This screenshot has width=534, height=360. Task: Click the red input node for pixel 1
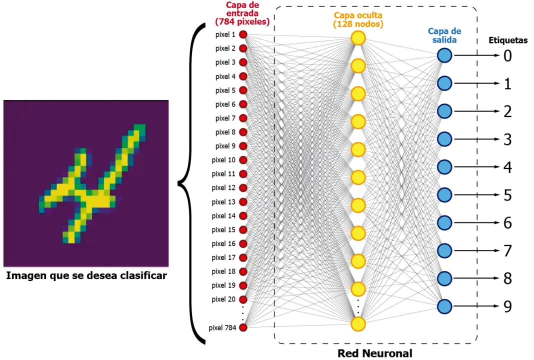[243, 34]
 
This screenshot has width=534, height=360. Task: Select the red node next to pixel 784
[243, 327]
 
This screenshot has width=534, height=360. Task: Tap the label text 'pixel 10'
[223, 160]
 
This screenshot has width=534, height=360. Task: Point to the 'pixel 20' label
[223, 299]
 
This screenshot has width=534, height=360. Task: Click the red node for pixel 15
[243, 230]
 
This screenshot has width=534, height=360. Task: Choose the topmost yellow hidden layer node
[358, 38]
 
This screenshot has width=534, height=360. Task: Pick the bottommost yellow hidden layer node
[358, 323]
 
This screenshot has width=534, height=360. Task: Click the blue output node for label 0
[444, 55]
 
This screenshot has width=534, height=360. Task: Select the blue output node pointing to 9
[444, 306]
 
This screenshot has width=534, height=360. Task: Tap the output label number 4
[507, 167]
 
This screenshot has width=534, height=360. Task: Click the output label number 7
[507, 250]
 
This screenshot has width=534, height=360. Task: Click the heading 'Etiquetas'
[508, 40]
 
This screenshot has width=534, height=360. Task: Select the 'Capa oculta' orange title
[358, 14]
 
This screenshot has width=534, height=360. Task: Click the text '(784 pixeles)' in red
[242, 22]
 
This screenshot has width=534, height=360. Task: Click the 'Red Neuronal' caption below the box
[375, 353]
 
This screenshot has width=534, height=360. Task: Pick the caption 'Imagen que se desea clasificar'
[86, 275]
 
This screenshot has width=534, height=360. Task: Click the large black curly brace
[192, 183]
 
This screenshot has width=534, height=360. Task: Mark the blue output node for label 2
[444, 111]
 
